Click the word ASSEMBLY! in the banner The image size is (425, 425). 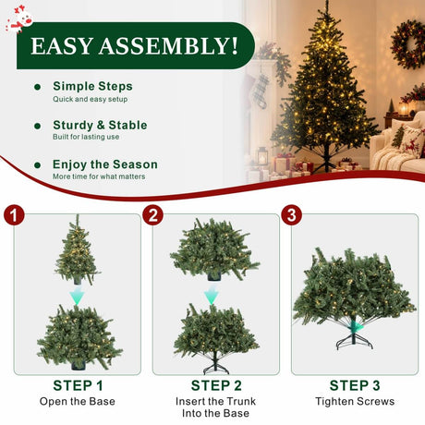click(x=168, y=46)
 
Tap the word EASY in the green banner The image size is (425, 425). click(x=62, y=46)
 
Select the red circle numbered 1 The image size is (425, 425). click(x=14, y=214)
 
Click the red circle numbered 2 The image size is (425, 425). click(x=152, y=214)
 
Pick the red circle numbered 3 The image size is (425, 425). click(x=291, y=214)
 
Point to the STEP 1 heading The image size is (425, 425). click(x=78, y=385)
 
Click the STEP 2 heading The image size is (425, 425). click(x=216, y=385)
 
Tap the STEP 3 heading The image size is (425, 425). click(x=355, y=385)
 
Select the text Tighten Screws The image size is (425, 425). click(x=355, y=402)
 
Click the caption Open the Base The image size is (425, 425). click(x=78, y=402)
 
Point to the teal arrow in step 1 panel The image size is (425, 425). click(x=77, y=295)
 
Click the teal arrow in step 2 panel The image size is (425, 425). click(x=212, y=295)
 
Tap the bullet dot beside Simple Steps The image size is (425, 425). click(x=38, y=87)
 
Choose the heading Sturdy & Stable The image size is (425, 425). click(x=100, y=125)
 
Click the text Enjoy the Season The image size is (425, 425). click(x=105, y=164)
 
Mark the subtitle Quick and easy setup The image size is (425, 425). click(x=90, y=99)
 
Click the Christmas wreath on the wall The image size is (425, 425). click(x=408, y=44)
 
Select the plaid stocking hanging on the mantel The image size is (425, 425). click(x=261, y=91)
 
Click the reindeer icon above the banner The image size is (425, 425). click(x=19, y=19)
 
